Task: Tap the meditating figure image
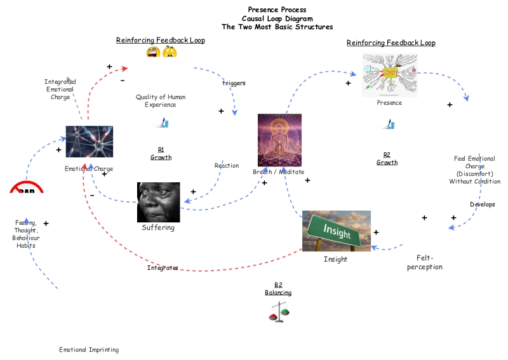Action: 279,140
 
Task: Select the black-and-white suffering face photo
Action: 158,202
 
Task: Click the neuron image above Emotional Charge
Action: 89,141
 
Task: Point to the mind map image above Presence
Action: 389,75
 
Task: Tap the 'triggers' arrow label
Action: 234,83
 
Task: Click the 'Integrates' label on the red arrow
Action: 163,268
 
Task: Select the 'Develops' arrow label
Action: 482,204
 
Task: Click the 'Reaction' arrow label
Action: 227,166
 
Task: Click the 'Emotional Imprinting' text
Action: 89,350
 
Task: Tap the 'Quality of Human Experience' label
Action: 161,101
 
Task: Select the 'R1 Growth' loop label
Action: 161,153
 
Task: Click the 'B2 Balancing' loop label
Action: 278,289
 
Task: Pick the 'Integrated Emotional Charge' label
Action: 60,90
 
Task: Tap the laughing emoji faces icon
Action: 161,53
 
